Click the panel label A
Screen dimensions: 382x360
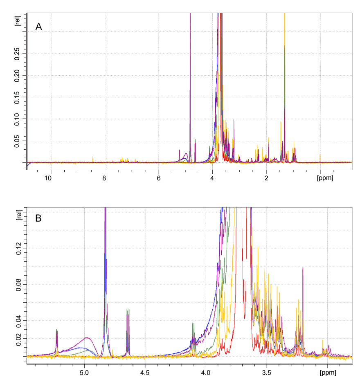coord(39,27)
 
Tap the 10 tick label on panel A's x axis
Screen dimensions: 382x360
coord(48,178)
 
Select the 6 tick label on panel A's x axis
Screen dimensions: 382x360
coord(158,178)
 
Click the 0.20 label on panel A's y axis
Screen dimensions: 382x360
coord(17,75)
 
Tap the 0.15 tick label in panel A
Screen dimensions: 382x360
coord(17,97)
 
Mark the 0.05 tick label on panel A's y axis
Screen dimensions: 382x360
coord(17,141)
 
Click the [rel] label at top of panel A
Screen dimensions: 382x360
coord(17,20)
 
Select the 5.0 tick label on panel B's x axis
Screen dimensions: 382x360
coord(84,373)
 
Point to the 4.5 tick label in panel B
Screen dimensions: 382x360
coord(145,373)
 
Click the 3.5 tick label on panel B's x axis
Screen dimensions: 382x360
coord(267,373)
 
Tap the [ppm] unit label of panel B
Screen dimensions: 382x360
coord(327,373)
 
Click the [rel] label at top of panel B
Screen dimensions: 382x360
coord(17,215)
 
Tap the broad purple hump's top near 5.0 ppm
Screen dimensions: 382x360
coord(87,337)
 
